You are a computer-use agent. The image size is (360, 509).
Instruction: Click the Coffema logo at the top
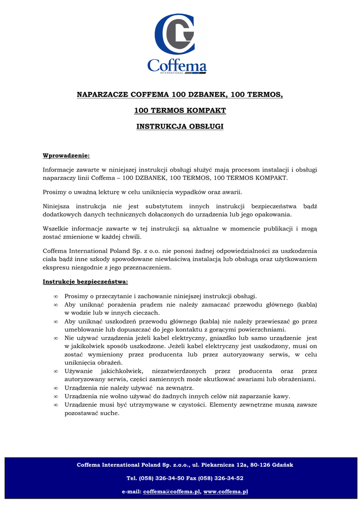click(177, 44)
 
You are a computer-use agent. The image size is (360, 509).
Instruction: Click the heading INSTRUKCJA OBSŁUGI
click(180, 127)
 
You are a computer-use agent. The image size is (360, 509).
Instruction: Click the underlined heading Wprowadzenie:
click(66, 156)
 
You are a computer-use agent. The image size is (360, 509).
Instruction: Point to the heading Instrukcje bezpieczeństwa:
click(85, 282)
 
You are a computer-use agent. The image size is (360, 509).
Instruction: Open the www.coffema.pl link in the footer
click(226, 492)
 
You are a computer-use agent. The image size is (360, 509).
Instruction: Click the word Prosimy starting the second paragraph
click(55, 192)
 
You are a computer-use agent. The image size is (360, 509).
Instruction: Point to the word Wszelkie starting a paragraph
click(56, 229)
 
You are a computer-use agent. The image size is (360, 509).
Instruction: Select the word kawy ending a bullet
click(281, 396)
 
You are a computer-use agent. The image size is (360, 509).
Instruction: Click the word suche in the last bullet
click(109, 413)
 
